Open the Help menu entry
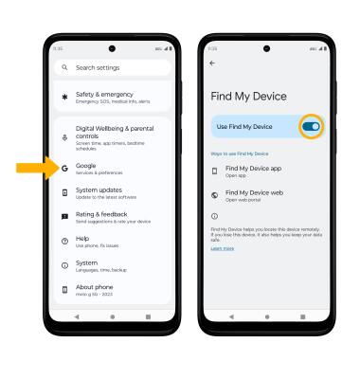click(x=95, y=243)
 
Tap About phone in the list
click(x=104, y=291)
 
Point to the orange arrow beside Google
click(x=32, y=169)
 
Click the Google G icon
click(x=64, y=169)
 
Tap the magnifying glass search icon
click(x=64, y=68)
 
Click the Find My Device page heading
click(x=248, y=97)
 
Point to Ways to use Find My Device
click(x=239, y=153)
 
